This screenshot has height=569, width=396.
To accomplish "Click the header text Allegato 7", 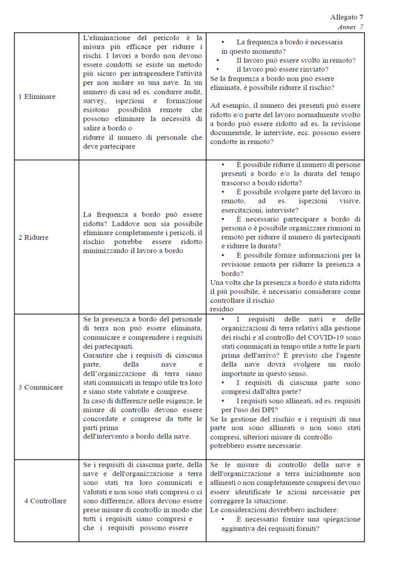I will pyautogui.click(x=347, y=17).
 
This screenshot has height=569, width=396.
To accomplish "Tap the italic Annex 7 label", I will pyautogui.click(x=350, y=26).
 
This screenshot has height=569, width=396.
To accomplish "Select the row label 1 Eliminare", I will pyautogui.click(x=37, y=96).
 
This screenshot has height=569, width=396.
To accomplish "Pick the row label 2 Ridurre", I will pyautogui.click(x=33, y=237).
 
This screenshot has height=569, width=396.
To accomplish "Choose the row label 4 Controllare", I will pyautogui.click(x=45, y=501).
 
